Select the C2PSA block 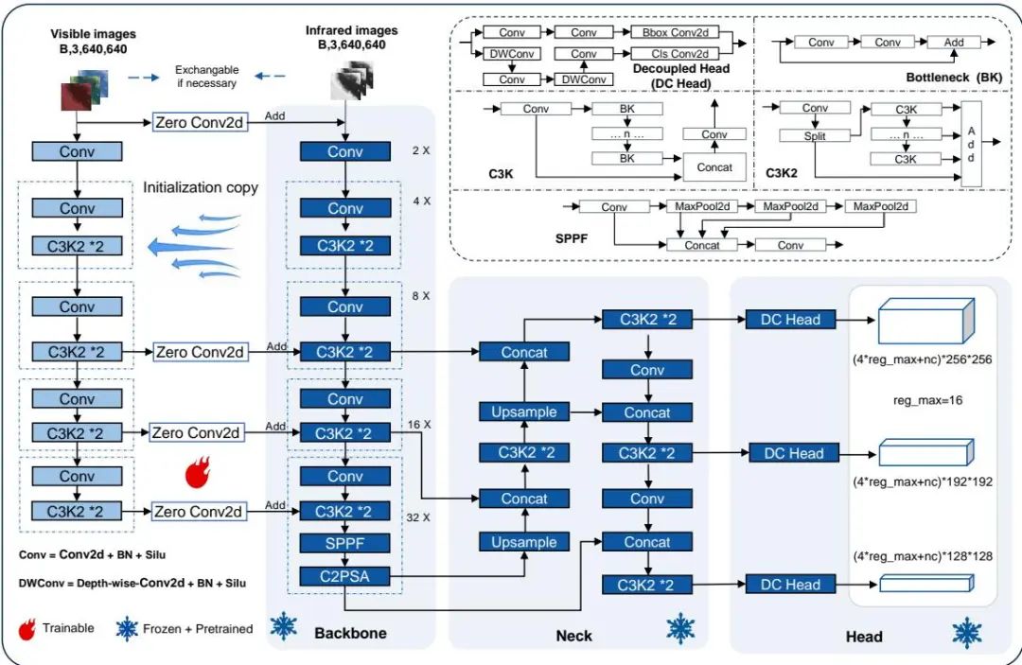coord(345,577)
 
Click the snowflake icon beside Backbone coord(282,625)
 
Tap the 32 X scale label coord(416,517)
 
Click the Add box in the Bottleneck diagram coord(953,43)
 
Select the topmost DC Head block coord(790,320)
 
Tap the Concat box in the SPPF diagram coord(701,245)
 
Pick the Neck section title coord(573,636)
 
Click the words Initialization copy coord(201,187)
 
